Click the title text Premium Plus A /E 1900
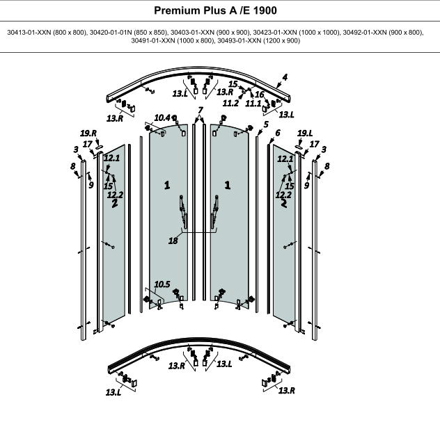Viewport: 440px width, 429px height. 215,10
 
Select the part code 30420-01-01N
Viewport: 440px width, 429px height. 111,33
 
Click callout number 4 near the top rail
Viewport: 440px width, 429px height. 285,77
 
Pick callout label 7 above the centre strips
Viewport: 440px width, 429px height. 200,110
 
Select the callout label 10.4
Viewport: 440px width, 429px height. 162,118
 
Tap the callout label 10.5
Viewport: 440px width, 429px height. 162,284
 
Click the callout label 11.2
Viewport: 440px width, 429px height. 230,104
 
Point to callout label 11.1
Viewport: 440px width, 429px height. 253,104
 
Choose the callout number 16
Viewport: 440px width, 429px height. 260,95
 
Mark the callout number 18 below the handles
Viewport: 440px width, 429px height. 173,241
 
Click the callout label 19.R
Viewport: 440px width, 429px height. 88,133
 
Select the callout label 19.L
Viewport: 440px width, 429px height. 305,133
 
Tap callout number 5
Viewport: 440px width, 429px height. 266,124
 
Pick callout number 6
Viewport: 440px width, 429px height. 278,133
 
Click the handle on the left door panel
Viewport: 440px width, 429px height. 183,211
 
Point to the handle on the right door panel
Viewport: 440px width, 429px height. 214,211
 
